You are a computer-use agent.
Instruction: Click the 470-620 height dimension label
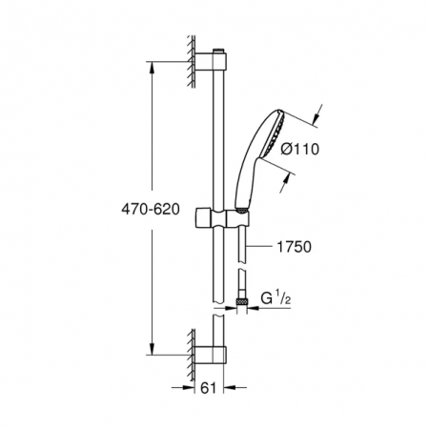pos(151,210)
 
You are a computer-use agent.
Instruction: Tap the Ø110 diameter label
pos(299,149)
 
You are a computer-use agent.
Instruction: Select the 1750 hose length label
pos(295,247)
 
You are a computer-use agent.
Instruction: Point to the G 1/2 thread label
pos(276,298)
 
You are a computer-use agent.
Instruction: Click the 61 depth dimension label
pos(208,388)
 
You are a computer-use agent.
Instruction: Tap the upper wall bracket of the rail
pos(211,61)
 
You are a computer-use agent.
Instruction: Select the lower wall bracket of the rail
pos(211,355)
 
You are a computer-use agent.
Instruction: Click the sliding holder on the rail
pos(222,217)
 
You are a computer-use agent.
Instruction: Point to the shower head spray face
pos(272,133)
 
